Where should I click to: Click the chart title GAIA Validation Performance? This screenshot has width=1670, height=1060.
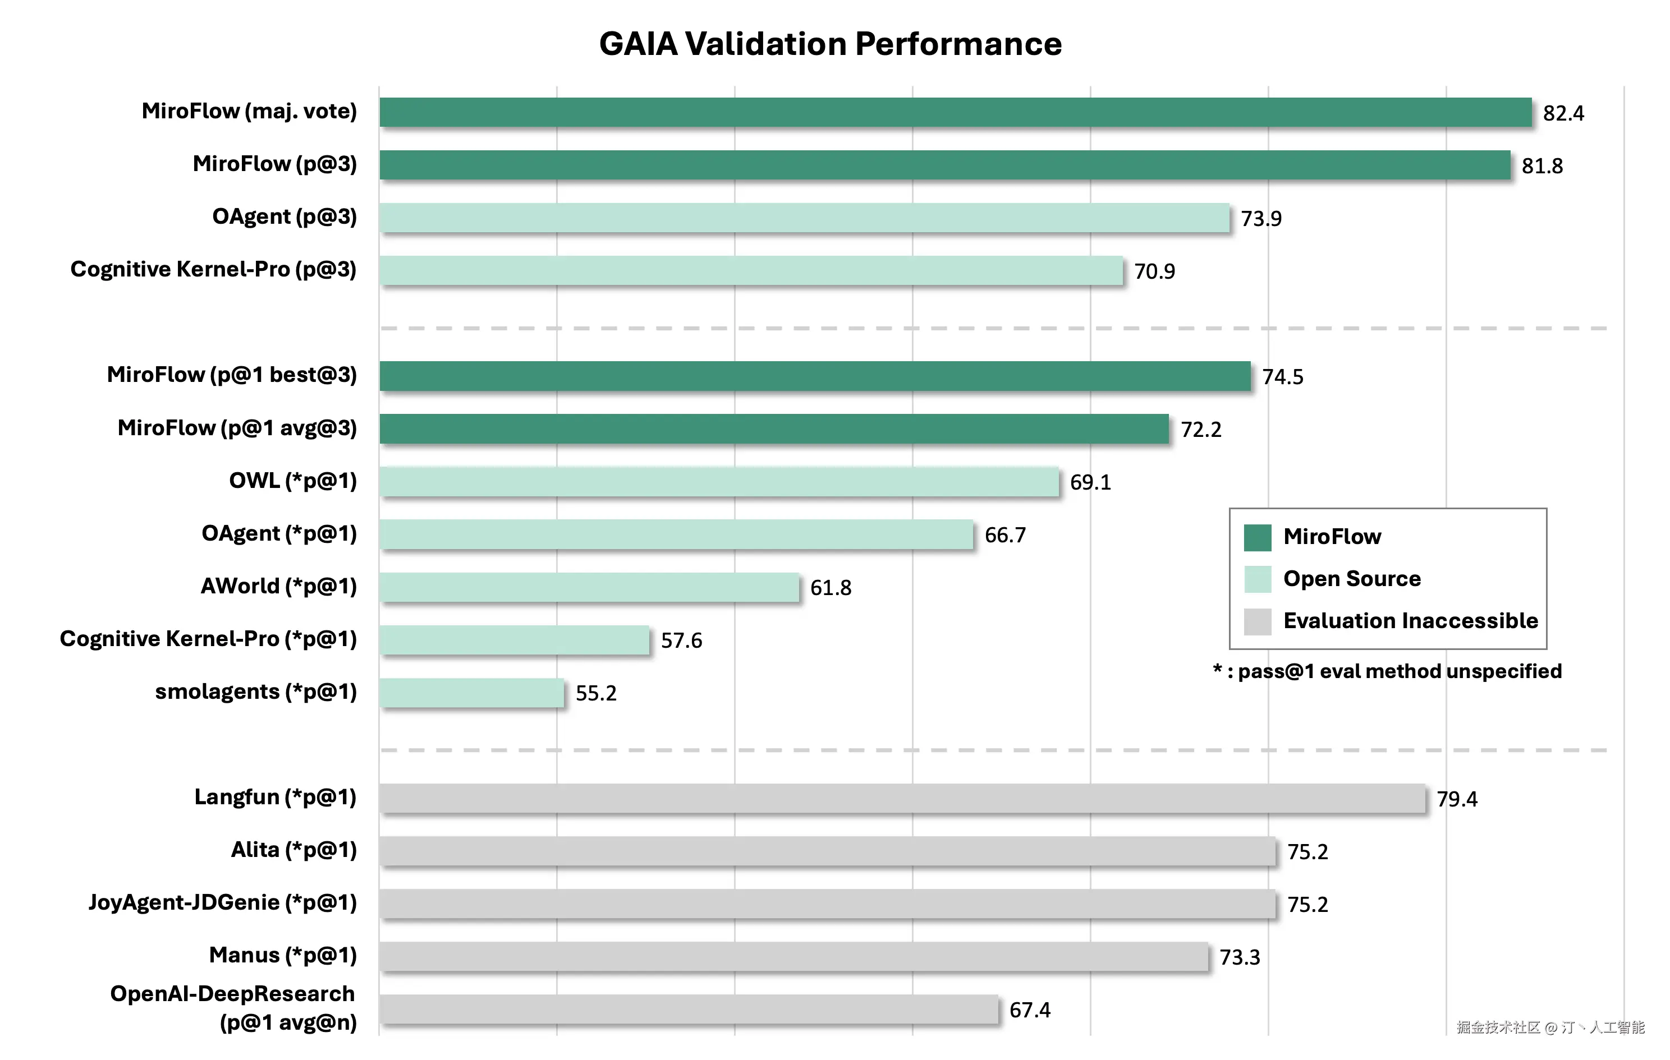[x=830, y=44]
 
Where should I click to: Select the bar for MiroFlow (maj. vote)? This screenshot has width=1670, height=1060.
[x=955, y=112]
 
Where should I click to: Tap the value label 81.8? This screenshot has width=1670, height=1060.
[x=1541, y=165]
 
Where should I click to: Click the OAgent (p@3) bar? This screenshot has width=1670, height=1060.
[x=805, y=218]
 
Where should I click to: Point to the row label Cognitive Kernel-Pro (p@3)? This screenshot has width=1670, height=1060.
[x=214, y=269]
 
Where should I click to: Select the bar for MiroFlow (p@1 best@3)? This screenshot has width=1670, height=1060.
[x=815, y=376]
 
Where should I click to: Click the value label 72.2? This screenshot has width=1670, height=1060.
[x=1200, y=429]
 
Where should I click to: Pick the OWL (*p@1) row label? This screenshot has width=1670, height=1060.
[x=293, y=481]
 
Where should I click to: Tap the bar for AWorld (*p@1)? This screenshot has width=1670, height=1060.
[x=589, y=587]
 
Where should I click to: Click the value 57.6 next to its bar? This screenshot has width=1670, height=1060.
[x=681, y=640]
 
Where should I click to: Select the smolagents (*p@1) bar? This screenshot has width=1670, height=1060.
[x=471, y=693]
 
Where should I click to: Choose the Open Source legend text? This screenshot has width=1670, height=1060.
[x=1352, y=578]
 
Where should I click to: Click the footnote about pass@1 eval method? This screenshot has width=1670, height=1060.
[x=1387, y=671]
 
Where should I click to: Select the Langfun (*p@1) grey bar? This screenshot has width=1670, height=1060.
[x=902, y=798]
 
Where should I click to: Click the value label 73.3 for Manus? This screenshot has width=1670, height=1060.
[x=1240, y=957]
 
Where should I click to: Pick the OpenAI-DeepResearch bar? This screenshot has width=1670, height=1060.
[x=689, y=1010]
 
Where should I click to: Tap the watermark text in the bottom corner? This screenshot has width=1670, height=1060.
[x=1550, y=1027]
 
